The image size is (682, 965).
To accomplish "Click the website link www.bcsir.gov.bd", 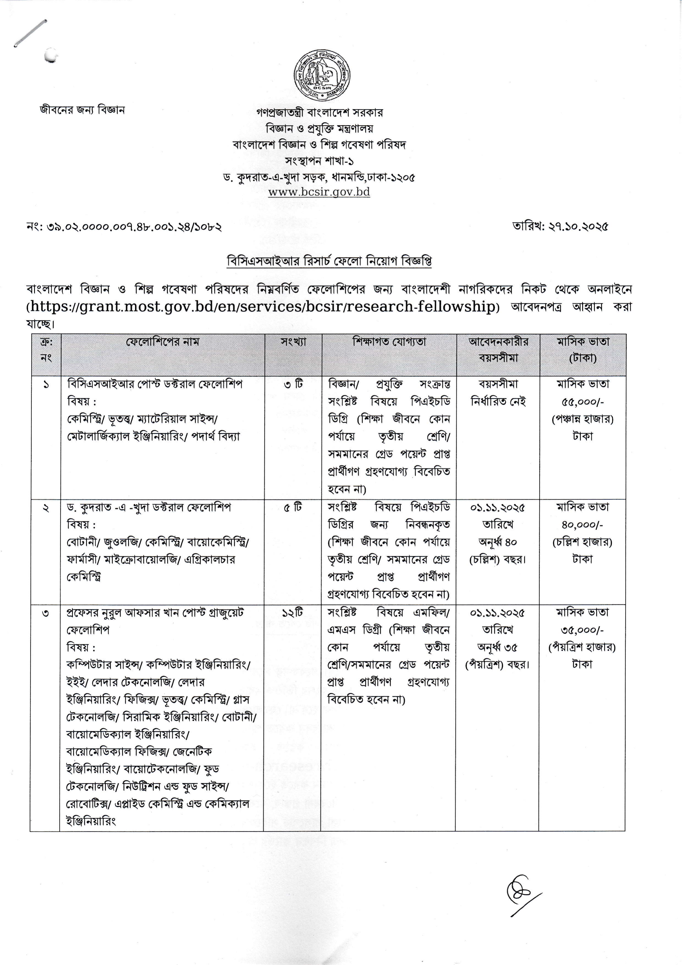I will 319,192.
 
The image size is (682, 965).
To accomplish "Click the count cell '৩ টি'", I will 293,384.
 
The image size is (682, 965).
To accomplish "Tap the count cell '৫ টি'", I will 293,508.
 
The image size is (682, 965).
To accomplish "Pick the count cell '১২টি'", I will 292,613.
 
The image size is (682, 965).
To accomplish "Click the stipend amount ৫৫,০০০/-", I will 582,402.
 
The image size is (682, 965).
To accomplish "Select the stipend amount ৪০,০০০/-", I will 582,525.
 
